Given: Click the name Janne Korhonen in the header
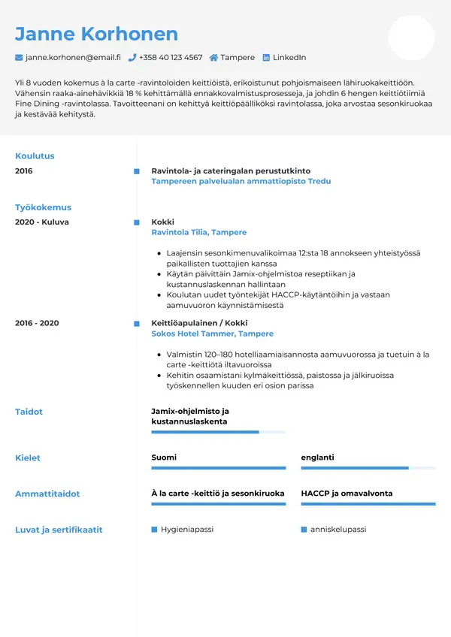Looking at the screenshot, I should point(96,34).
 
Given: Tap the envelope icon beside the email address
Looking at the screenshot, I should point(19,58).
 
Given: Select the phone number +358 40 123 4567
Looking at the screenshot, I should point(171,58).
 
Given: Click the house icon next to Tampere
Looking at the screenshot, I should point(213,58).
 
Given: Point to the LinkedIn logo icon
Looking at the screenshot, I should point(266,58).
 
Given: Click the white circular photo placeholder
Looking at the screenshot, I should point(411,38).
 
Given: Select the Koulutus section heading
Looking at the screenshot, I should point(35,156).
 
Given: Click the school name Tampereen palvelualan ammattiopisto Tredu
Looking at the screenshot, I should point(241,182).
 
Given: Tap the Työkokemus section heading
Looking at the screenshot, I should point(43,207).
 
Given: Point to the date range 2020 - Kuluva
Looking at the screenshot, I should point(42,222).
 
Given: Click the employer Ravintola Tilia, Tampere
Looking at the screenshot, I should point(198,233).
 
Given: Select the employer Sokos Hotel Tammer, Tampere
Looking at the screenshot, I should point(212,334).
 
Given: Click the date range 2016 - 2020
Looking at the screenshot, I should point(37,323).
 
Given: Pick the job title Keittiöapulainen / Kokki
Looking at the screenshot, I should point(199,323).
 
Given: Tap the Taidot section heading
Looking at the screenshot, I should point(29,412).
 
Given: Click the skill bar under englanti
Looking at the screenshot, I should point(368,468).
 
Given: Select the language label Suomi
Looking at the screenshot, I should point(164,457).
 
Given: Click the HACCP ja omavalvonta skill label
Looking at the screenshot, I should point(347,494).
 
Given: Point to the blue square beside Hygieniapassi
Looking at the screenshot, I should point(154,530).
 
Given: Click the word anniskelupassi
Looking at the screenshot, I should point(338,530).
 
